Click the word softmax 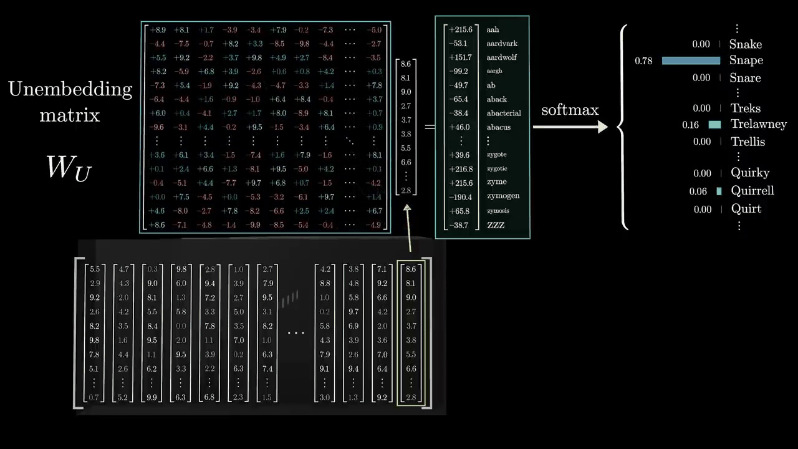[x=569, y=110]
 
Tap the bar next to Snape [x=691, y=60]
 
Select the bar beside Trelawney [x=714, y=125]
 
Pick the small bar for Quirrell [x=719, y=191]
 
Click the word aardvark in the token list [x=502, y=44]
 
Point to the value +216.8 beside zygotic [x=461, y=169]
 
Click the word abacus [x=498, y=127]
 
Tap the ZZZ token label [x=496, y=225]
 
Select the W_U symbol [x=69, y=168]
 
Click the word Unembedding [x=70, y=89]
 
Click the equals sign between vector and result [x=430, y=127]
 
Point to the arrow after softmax [x=570, y=127]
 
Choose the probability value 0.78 [x=643, y=61]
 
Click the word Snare [x=745, y=78]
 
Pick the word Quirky [x=750, y=173]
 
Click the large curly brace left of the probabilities [x=622, y=127]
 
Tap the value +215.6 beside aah [x=461, y=29]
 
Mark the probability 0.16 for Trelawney [x=690, y=125]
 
